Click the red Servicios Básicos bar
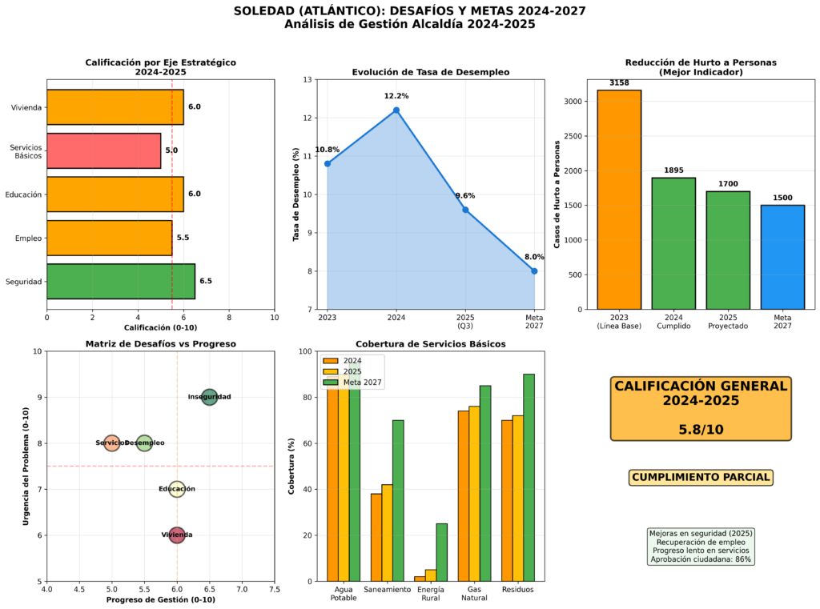tap(103, 150)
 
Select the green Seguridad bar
tap(120, 281)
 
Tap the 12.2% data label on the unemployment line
tap(396, 96)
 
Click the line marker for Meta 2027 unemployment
tap(534, 271)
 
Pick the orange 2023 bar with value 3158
tap(619, 199)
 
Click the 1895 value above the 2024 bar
tap(673, 170)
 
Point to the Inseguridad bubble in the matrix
tap(209, 397)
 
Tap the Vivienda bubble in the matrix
tap(177, 535)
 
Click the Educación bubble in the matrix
tap(177, 489)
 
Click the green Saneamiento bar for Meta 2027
tap(398, 500)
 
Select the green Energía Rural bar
tap(442, 552)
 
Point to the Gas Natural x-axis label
tap(475, 593)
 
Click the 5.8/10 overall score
tap(701, 429)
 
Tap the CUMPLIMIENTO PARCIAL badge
tap(701, 478)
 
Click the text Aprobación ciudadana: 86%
tap(701, 559)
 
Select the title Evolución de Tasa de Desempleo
tap(431, 72)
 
